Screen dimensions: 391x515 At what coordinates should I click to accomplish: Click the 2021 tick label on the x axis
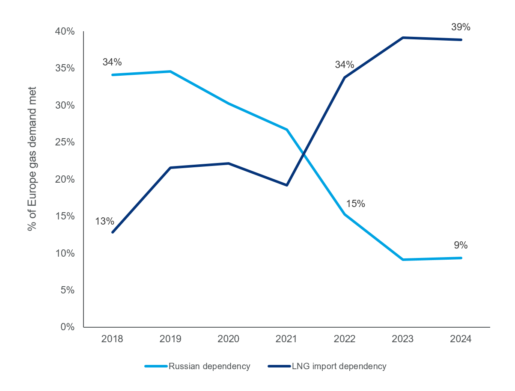coord(286,339)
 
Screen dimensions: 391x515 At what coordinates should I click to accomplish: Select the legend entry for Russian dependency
coord(197,366)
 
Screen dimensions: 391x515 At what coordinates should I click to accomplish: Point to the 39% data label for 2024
coord(461,27)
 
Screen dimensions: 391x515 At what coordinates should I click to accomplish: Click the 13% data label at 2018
coord(104,221)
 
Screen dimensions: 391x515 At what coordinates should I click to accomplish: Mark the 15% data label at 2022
coord(355,204)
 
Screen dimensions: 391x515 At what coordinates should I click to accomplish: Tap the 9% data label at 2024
coord(461,245)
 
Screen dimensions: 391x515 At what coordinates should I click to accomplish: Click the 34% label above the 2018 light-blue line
coord(112,62)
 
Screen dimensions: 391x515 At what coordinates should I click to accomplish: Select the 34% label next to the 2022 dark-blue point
coord(345,65)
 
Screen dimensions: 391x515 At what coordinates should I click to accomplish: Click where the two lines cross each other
coord(304,152)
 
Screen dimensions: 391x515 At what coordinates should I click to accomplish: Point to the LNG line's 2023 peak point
coord(403,38)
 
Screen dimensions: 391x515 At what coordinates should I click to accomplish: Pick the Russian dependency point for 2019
coord(170,71)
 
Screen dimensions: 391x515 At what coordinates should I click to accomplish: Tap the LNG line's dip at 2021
coord(286,185)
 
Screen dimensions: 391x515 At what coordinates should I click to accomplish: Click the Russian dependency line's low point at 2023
coord(403,260)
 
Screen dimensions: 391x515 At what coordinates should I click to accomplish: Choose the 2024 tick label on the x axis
coord(461,339)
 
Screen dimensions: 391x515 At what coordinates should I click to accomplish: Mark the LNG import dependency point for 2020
coord(229,163)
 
